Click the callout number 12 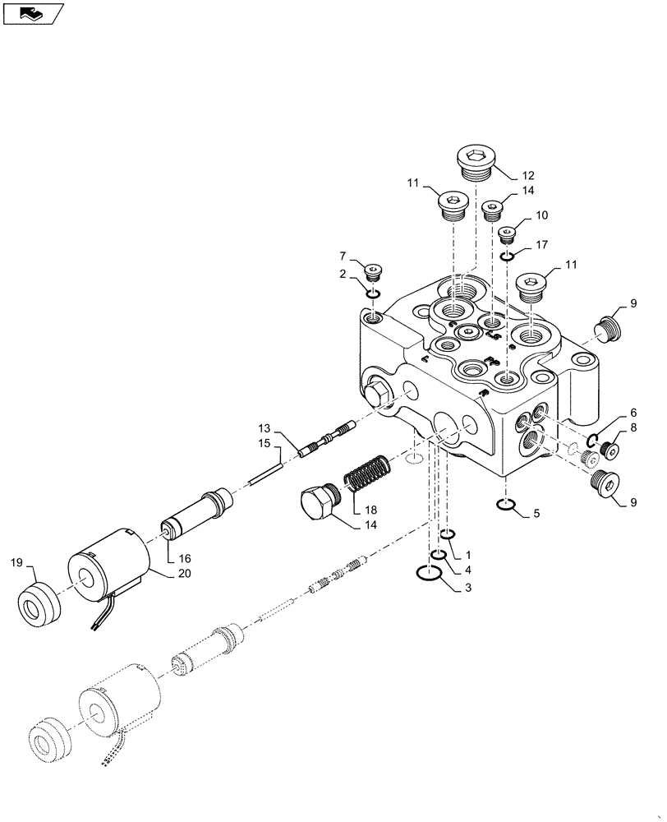pyautogui.click(x=527, y=174)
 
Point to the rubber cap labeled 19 pyautogui.click(x=39, y=604)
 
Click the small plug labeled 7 pyautogui.click(x=374, y=270)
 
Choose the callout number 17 pyautogui.click(x=540, y=245)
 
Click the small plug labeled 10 pyautogui.click(x=508, y=235)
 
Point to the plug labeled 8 pyautogui.click(x=607, y=449)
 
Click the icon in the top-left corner pyautogui.click(x=33, y=13)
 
